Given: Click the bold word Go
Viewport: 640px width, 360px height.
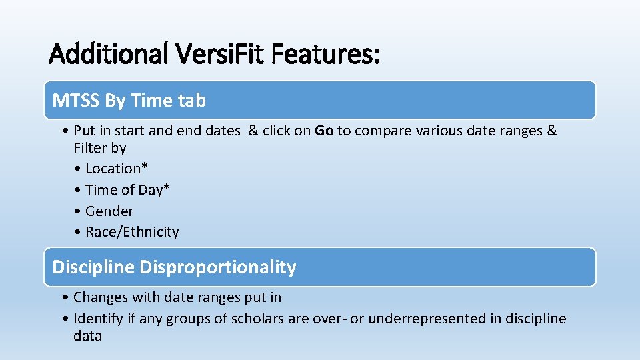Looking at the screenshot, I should [324, 131].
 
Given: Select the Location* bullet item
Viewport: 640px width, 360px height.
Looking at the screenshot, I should [118, 169].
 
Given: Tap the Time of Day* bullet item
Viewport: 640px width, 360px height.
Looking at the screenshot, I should [127, 190].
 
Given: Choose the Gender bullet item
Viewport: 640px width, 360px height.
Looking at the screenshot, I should [109, 211].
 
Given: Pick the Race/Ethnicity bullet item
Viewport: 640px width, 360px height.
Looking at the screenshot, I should [132, 232].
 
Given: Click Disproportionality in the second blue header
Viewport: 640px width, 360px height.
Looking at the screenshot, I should [218, 267].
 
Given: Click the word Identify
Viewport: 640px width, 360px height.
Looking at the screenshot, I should [99, 319].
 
